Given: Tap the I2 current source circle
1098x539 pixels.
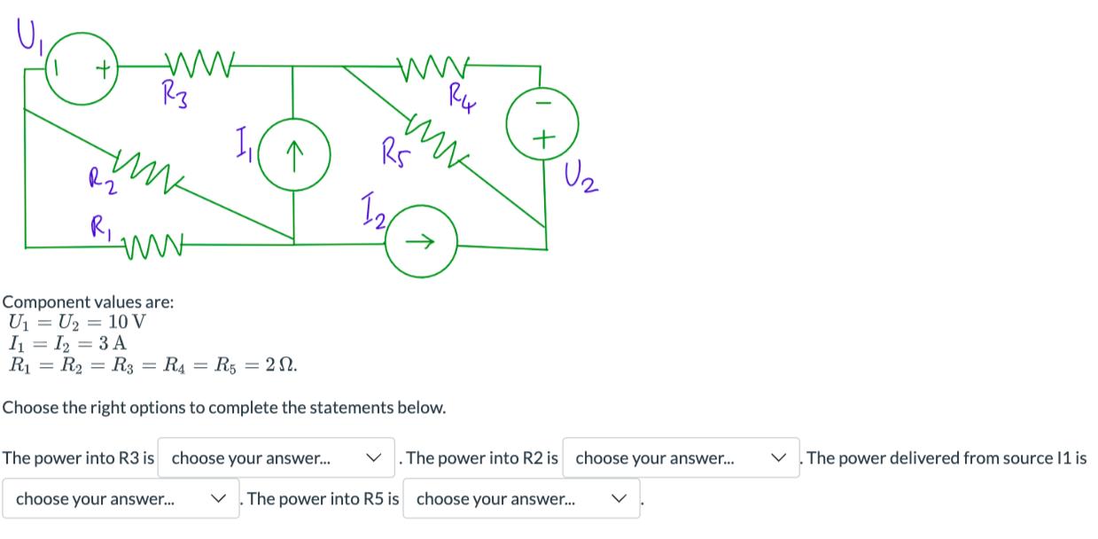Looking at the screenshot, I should point(422,239).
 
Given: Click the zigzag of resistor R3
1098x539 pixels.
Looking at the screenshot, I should point(200,65).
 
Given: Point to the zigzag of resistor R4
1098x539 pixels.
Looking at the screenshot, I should point(435,65).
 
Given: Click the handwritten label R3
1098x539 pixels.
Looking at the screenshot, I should point(174,93).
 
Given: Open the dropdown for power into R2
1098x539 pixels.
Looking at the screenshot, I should point(681,458).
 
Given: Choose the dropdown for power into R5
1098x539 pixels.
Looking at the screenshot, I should point(521,498).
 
